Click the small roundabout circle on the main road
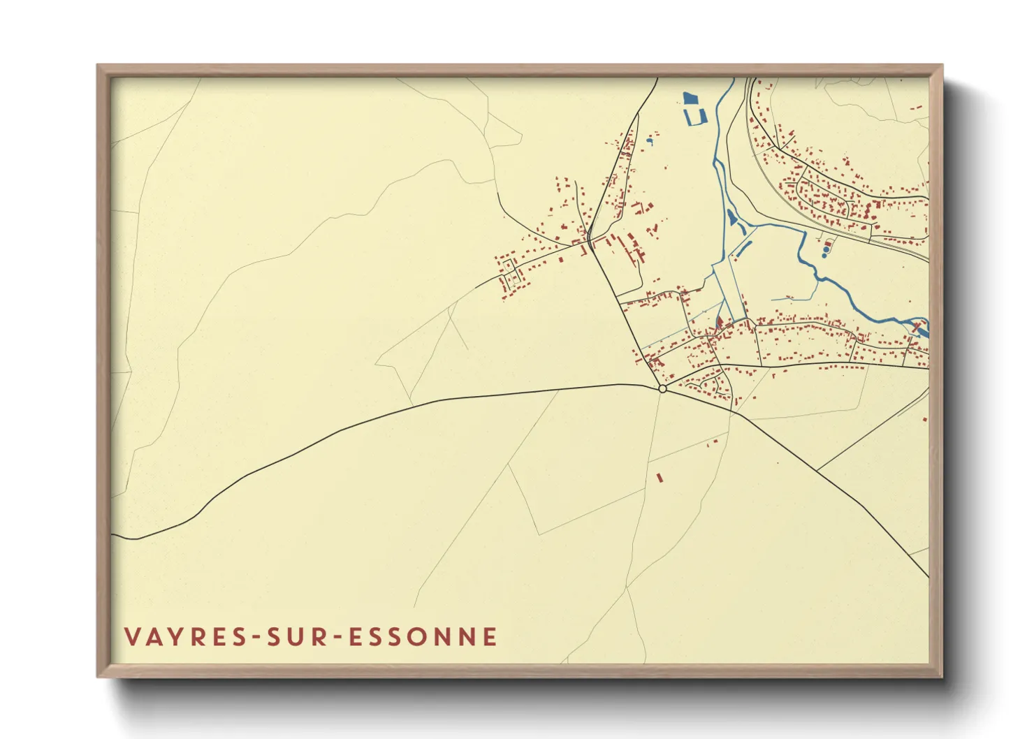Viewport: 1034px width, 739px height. [662, 389]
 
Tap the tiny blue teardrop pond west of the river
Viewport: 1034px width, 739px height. [650, 142]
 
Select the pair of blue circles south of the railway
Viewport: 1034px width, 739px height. [827, 249]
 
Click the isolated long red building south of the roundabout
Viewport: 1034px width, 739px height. [659, 478]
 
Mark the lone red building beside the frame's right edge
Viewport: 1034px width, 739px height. [924, 419]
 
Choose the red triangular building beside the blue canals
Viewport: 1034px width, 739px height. [718, 323]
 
